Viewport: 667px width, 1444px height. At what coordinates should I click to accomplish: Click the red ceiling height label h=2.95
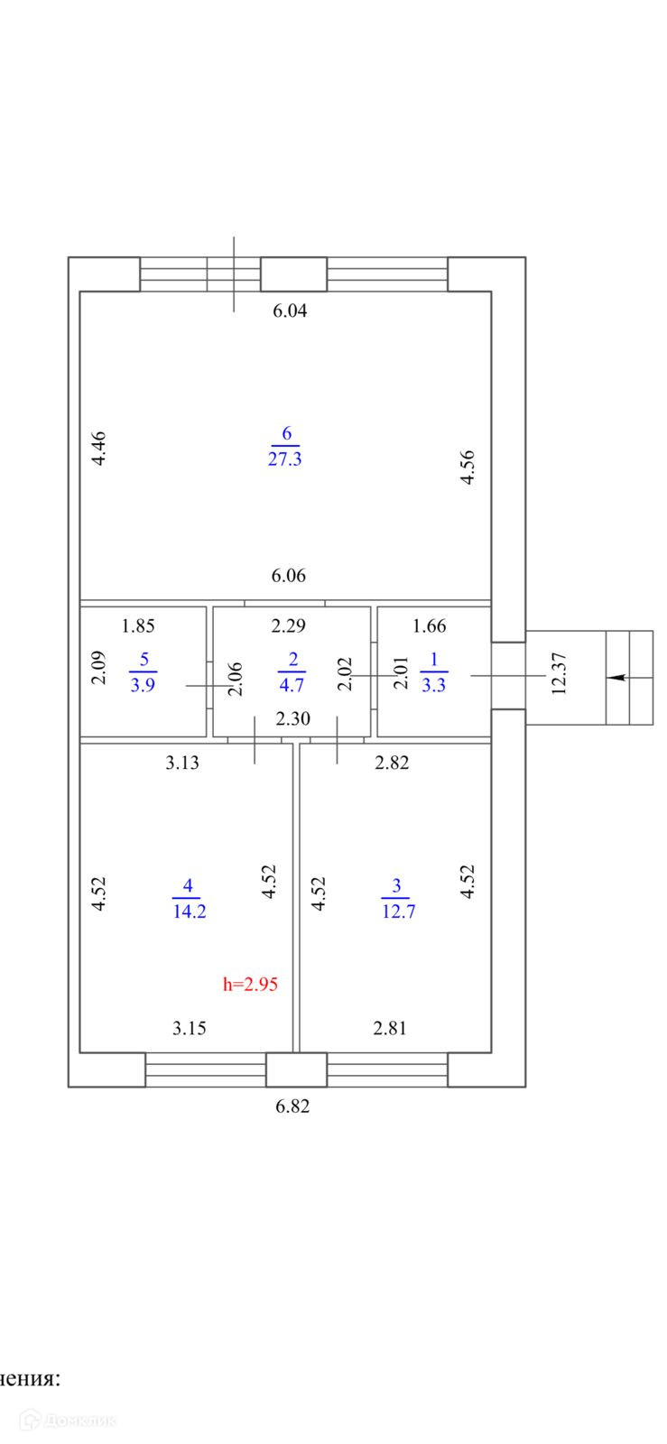(250, 984)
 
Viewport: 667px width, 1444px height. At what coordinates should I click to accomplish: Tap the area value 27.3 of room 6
(284, 458)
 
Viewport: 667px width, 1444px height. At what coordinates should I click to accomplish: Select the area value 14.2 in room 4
(189, 911)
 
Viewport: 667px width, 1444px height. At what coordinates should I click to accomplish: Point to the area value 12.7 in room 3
(398, 911)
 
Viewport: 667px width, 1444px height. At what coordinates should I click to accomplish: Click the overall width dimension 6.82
(292, 1106)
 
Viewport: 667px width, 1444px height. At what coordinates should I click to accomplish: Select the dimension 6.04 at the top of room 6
(291, 311)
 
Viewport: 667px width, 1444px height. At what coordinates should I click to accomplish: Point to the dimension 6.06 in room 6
(289, 576)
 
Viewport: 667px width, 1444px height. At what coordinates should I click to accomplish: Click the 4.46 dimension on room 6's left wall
(100, 448)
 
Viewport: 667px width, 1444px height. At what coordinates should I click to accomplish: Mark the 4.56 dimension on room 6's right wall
(468, 467)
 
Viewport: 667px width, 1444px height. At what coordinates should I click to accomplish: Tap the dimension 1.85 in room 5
(139, 625)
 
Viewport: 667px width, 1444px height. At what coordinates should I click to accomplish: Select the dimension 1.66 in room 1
(430, 625)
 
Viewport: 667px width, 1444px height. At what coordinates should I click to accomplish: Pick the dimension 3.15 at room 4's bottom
(190, 1028)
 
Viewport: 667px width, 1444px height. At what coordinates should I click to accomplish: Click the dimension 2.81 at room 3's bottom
(390, 1028)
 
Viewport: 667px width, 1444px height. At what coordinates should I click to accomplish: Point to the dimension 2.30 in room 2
(292, 720)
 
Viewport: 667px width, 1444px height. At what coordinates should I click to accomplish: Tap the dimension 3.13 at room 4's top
(182, 763)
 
